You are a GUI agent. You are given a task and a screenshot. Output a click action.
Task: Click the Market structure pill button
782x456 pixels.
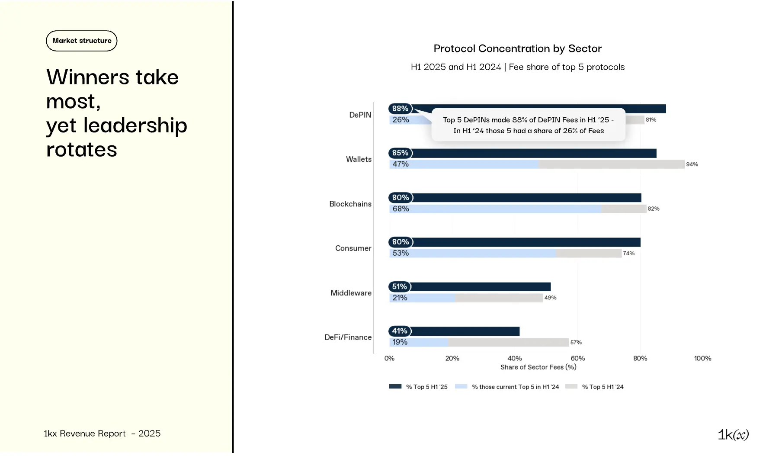click(x=82, y=41)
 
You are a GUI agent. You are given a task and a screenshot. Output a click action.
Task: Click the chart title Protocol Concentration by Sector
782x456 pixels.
click(x=517, y=48)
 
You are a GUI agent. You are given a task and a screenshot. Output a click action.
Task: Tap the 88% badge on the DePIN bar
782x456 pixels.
click(x=400, y=109)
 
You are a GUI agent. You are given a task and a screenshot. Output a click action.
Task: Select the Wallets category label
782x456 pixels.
click(x=359, y=159)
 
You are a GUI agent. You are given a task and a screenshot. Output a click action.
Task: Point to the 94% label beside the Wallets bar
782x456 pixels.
click(x=692, y=164)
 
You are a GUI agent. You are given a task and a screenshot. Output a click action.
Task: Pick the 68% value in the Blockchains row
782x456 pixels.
click(x=401, y=209)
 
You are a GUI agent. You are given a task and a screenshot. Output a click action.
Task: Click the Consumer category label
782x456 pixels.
click(x=353, y=248)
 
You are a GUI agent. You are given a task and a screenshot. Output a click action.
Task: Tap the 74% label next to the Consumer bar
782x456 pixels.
click(x=628, y=254)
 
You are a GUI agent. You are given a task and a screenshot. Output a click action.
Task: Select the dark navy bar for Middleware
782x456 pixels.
click(x=480, y=287)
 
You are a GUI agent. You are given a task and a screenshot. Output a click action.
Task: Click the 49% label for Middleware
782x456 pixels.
click(x=550, y=298)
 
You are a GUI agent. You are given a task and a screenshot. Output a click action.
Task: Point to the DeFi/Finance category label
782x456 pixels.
click(x=348, y=337)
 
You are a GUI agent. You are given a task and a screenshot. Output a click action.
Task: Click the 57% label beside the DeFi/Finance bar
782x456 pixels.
click(x=576, y=342)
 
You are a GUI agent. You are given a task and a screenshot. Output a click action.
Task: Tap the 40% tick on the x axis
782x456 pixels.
click(x=514, y=358)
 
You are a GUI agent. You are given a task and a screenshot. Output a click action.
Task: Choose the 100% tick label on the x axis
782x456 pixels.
click(x=702, y=358)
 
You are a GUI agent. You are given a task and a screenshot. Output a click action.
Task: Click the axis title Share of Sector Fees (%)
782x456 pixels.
click(x=538, y=367)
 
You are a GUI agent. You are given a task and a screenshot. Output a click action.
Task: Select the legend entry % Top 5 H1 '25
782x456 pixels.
click(x=426, y=387)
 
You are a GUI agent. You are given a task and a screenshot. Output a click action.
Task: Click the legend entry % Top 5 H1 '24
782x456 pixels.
click(x=602, y=387)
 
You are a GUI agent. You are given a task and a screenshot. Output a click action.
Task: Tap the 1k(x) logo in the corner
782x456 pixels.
click(x=733, y=434)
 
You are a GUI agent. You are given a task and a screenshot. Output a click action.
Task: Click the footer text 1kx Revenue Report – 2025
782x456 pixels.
click(x=102, y=434)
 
